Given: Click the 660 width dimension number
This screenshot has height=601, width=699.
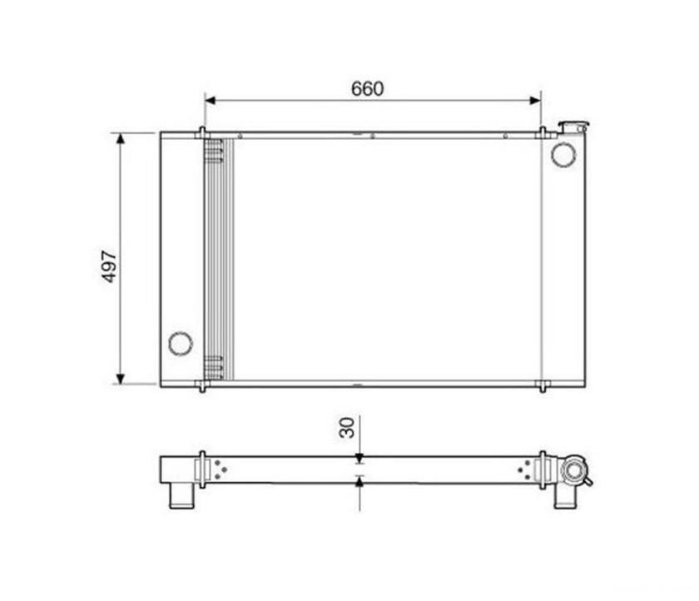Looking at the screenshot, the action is [x=367, y=89].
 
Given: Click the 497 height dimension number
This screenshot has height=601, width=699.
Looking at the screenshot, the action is [x=109, y=266].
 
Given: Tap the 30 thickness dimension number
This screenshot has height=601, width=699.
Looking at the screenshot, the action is [x=347, y=428].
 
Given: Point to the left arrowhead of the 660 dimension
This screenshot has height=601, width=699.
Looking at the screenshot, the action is [x=211, y=101].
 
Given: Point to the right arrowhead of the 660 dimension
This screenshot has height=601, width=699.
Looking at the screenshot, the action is [x=534, y=101].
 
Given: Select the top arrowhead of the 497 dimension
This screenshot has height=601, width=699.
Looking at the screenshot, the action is [x=121, y=139].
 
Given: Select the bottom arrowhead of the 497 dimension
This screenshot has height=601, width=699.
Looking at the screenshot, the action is [x=121, y=379].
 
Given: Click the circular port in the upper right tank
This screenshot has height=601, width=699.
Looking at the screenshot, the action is [x=563, y=155].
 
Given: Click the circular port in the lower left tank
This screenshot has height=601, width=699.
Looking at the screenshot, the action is [x=181, y=344].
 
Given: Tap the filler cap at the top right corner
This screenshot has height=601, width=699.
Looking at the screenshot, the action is [x=573, y=127].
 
